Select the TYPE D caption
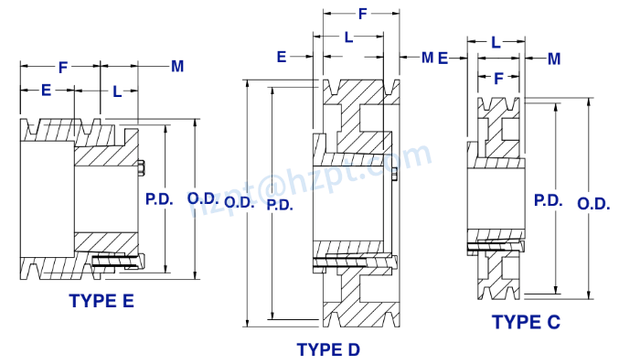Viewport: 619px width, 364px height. click(x=328, y=349)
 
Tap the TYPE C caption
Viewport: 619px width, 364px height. click(x=526, y=322)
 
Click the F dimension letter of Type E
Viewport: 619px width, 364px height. click(x=61, y=67)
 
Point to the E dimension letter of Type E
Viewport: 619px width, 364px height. click(x=47, y=91)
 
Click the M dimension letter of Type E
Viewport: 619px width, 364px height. click(x=177, y=66)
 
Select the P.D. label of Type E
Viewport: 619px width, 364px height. click(x=160, y=198)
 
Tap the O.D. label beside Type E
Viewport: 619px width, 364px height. click(x=203, y=198)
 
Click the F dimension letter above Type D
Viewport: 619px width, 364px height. click(x=362, y=15)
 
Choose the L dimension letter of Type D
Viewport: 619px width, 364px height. click(x=348, y=37)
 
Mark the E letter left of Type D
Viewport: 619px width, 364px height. click(x=283, y=57)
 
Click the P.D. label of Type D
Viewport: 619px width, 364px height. click(x=280, y=205)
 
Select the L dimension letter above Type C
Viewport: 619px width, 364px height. click(x=496, y=42)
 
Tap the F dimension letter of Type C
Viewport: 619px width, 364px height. click(x=498, y=79)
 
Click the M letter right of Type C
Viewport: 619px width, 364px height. click(x=554, y=59)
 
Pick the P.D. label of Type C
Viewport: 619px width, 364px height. click(x=547, y=199)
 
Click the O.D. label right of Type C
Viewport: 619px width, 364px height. click(x=593, y=205)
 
